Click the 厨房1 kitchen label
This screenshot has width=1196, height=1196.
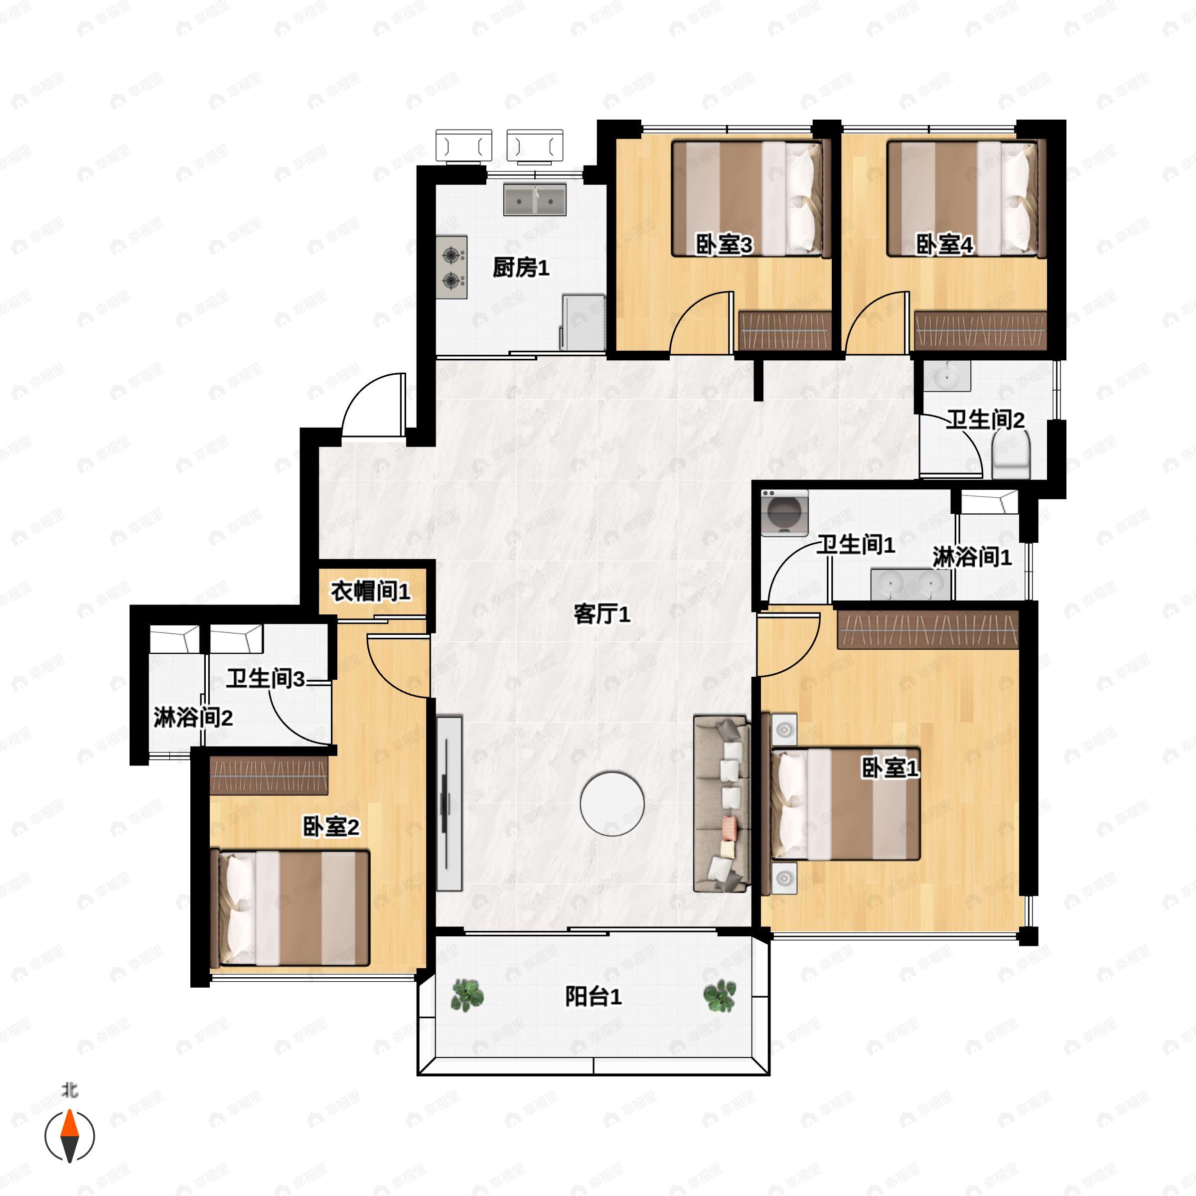pyautogui.click(x=521, y=268)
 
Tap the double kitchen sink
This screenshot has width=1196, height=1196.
pyautogui.click(x=535, y=199)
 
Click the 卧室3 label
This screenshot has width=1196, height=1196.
pyautogui.click(x=724, y=245)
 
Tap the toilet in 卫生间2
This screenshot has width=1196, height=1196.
pyautogui.click(x=1011, y=455)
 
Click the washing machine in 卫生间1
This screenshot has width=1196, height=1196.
pyautogui.click(x=784, y=513)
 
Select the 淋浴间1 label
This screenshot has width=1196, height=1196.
pyautogui.click(x=972, y=557)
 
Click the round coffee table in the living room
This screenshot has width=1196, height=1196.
pyautogui.click(x=612, y=803)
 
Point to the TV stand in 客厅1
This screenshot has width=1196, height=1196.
pyautogui.click(x=449, y=803)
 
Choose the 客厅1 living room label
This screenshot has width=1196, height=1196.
pyautogui.click(x=601, y=615)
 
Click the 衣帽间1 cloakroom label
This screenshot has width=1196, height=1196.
pyautogui.click(x=370, y=591)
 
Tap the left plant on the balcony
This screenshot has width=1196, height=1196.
pyautogui.click(x=467, y=996)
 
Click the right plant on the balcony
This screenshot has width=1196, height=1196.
pyautogui.click(x=720, y=996)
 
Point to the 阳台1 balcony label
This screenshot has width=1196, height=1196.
pyautogui.click(x=593, y=997)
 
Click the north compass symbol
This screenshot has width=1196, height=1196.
pyautogui.click(x=70, y=1136)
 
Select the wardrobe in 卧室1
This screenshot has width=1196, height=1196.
pyautogui.click(x=927, y=629)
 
